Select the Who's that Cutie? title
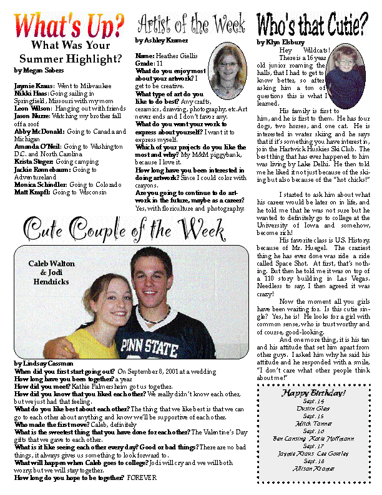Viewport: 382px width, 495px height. point(312,26)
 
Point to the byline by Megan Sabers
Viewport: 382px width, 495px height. point(39,71)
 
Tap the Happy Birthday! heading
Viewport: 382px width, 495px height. point(313,393)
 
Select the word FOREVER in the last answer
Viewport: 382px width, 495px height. point(144,477)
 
